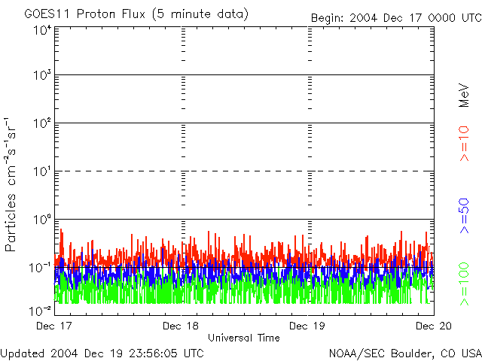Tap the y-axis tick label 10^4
tap(41, 31)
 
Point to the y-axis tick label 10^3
tap(41, 77)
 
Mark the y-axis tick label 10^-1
tap(41, 268)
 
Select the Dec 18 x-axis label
tap(182, 326)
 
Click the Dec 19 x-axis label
tap(308, 326)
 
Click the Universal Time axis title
tap(244, 338)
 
